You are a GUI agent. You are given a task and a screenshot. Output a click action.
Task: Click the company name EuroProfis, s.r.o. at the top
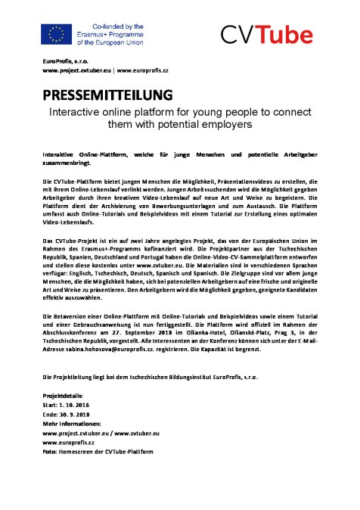(66, 60)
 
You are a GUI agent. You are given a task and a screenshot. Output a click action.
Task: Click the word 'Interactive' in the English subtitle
(77, 110)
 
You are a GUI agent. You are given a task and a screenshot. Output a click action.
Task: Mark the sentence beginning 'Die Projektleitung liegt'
(121, 376)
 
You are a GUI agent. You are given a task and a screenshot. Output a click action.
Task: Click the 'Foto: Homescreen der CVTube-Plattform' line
(98, 450)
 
